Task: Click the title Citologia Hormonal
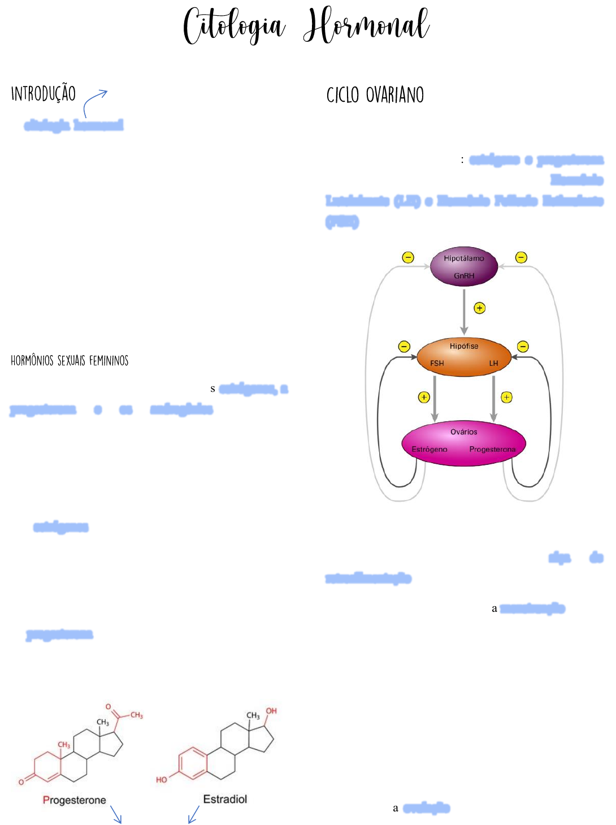307,25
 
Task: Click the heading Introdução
44,93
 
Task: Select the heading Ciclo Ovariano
375,95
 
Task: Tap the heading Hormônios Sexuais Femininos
70,361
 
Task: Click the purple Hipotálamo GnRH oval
464,266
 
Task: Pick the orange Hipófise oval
464,356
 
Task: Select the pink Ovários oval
464,443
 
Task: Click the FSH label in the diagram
437,364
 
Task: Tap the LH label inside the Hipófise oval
493,364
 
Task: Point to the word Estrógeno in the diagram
430,450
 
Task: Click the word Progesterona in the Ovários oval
492,450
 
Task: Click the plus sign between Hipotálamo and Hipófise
480,308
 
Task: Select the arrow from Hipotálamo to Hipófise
464,311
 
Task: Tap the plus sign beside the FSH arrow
424,398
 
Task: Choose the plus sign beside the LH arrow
507,398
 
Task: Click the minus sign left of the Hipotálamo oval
408,258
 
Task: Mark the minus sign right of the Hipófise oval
523,347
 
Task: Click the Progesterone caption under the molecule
75,800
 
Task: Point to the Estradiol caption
225,799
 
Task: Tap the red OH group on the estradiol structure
271,711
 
